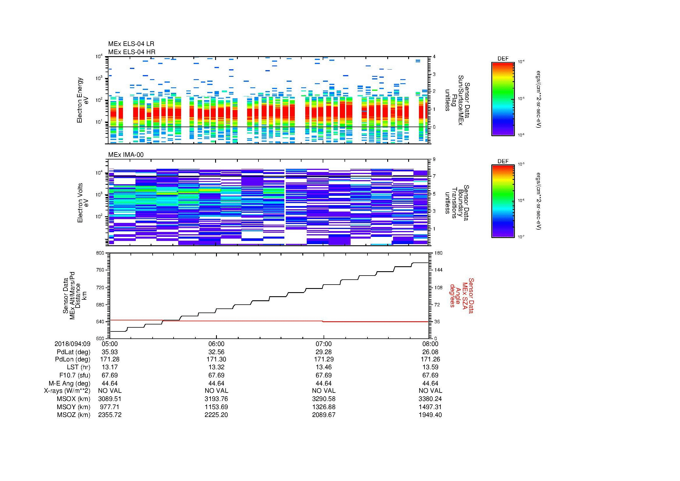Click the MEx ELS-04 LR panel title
[x=131, y=44]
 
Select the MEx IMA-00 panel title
[x=126, y=155]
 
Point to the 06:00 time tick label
[x=217, y=344]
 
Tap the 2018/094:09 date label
[x=72, y=344]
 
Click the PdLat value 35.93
[x=110, y=352]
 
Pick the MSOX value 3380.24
[x=430, y=399]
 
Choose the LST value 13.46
[x=324, y=367]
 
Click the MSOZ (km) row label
[x=74, y=415]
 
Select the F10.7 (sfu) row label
[x=75, y=375]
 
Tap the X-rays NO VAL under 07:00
[x=324, y=391]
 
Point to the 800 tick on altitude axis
[x=100, y=253]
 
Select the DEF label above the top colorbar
[x=503, y=59]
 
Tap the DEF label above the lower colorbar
[x=503, y=161]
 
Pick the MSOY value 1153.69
[x=217, y=407]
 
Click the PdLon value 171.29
[x=324, y=359]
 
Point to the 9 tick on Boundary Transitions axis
[x=434, y=159]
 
